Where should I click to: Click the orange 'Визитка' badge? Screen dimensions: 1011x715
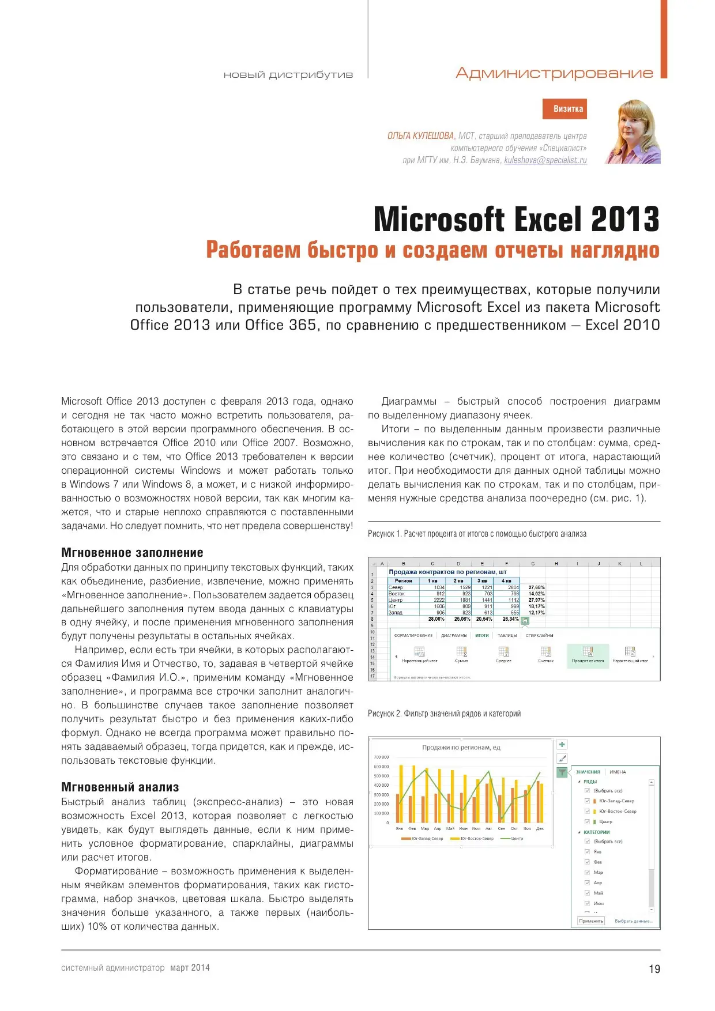click(565, 109)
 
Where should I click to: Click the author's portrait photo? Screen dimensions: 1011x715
click(633, 132)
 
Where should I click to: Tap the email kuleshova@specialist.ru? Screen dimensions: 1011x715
click(545, 160)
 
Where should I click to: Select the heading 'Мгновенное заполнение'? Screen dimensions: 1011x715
click(132, 552)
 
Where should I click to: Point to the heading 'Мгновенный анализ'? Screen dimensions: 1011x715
click(120, 787)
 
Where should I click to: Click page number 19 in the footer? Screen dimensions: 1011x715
click(654, 969)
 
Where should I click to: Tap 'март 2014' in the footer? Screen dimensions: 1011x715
click(190, 968)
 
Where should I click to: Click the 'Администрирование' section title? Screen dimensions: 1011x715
click(554, 73)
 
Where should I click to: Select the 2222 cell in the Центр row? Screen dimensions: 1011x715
click(439, 600)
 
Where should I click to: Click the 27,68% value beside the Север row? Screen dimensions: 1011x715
click(536, 587)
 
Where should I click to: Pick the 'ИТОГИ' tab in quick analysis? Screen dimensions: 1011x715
click(482, 635)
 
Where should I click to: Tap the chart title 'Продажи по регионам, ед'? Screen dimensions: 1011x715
click(461, 748)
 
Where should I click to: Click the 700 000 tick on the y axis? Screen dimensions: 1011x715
click(381, 757)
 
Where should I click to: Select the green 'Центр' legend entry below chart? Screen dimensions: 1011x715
click(513, 839)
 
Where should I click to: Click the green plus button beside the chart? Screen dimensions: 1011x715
click(562, 744)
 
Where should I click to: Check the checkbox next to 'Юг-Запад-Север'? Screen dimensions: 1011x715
click(587, 801)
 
